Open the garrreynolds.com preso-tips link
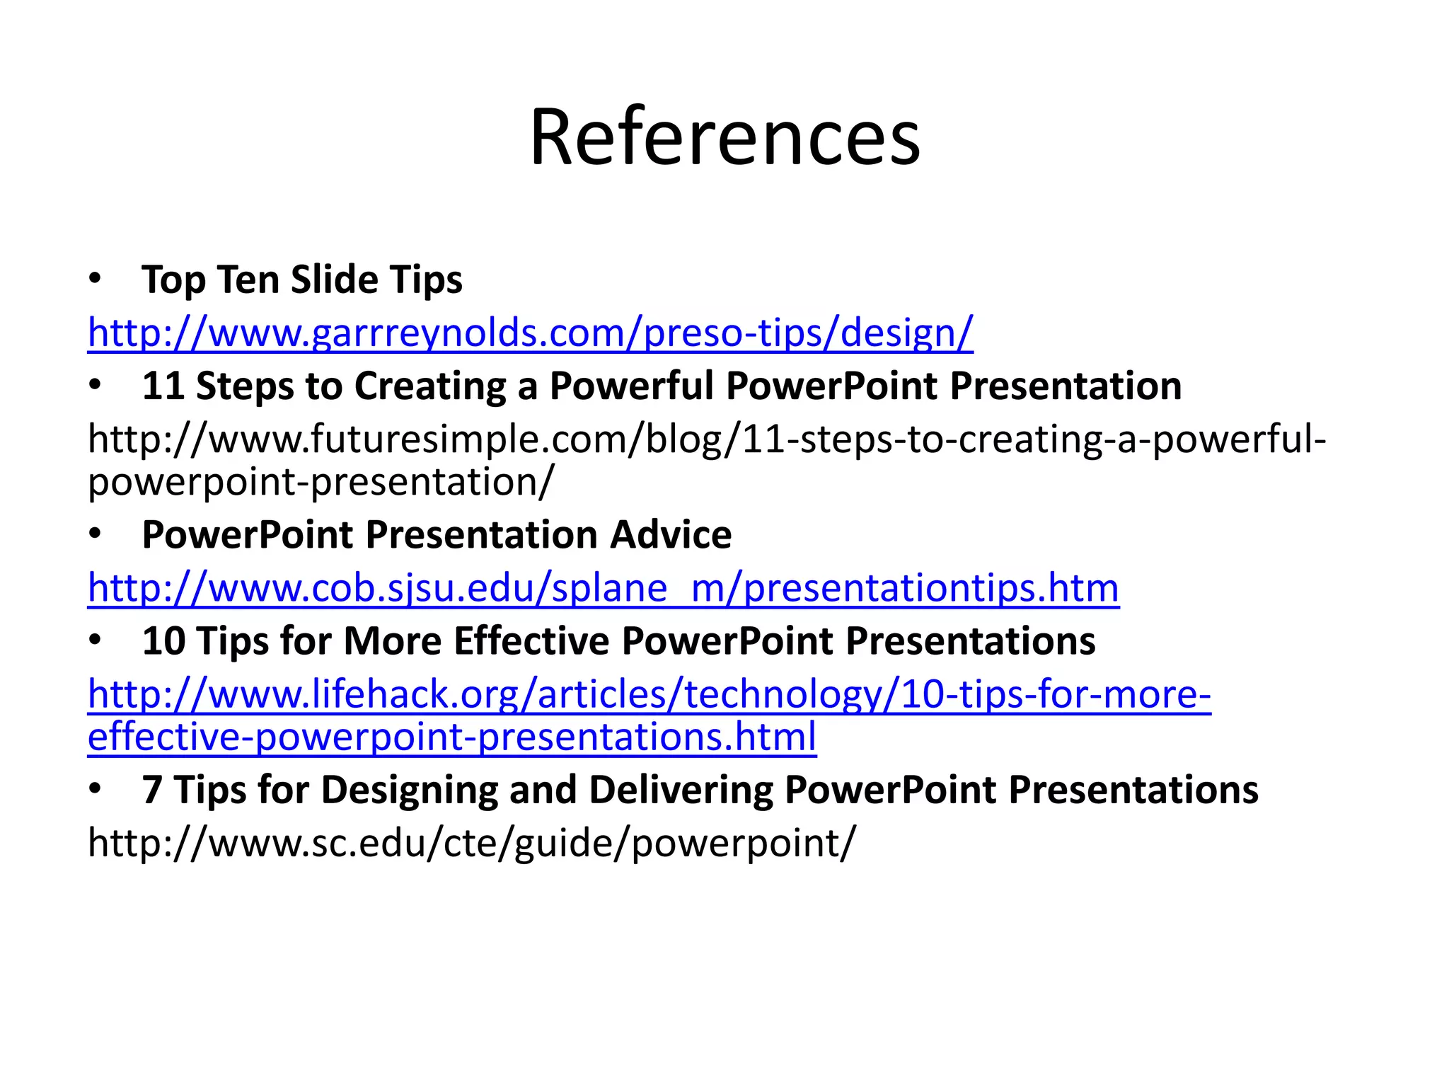click(530, 333)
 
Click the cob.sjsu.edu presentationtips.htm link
click(603, 588)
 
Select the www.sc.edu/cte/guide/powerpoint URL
click(471, 843)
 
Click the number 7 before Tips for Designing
click(152, 790)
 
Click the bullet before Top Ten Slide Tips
click(96, 280)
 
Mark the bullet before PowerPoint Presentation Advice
click(96, 535)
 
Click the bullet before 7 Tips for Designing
click(96, 790)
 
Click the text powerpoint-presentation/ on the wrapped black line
click(321, 483)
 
